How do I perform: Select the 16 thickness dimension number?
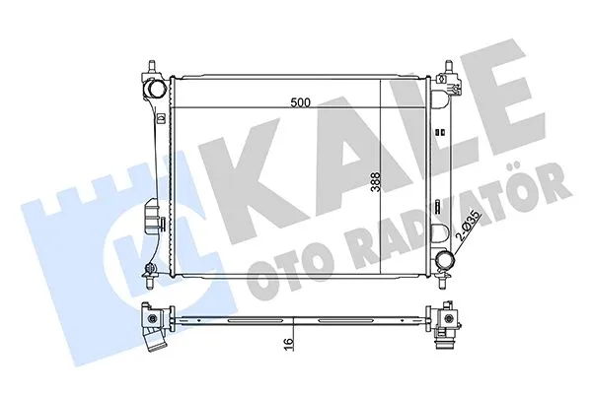[285, 347]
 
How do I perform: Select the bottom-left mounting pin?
[150, 271]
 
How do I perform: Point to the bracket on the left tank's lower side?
[151, 218]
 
